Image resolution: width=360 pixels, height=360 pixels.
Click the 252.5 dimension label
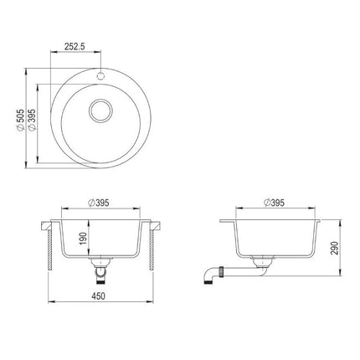click(x=75, y=46)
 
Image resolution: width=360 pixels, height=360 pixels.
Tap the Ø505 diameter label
click(x=20, y=120)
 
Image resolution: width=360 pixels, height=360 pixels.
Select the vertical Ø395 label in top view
click(x=32, y=120)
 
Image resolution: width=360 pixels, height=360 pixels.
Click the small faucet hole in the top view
click(x=100, y=75)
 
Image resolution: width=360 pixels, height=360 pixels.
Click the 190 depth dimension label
click(x=83, y=238)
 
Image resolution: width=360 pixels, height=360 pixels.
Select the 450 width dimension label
click(x=98, y=296)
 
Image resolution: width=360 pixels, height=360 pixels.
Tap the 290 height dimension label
click(x=334, y=248)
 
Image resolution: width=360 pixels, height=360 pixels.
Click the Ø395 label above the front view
click(x=98, y=203)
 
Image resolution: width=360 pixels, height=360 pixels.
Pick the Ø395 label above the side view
click(x=274, y=203)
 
